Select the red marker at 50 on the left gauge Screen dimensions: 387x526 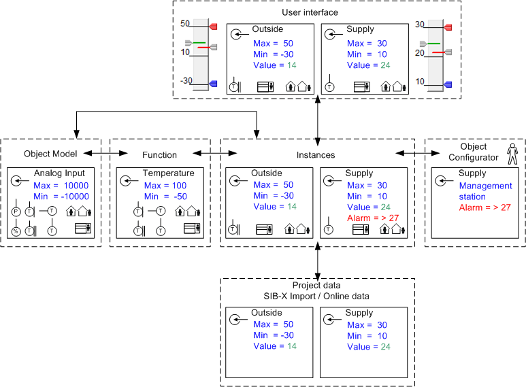(212, 27)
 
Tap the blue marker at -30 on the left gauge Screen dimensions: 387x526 (212, 84)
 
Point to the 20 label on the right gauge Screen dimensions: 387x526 (420, 52)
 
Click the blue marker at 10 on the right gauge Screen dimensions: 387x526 (448, 84)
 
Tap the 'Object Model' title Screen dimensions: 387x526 (50, 154)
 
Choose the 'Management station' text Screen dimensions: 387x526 (485, 191)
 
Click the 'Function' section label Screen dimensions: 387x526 (159, 154)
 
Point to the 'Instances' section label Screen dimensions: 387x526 (316, 155)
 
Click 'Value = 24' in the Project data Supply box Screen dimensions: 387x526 (368, 346)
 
